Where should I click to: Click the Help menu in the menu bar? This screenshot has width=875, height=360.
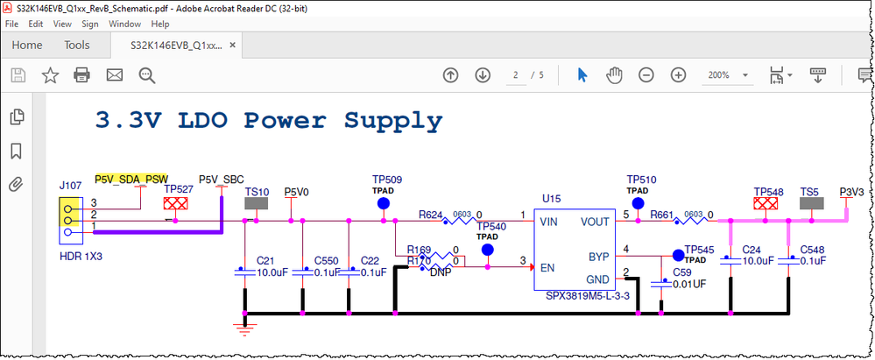pyautogui.click(x=159, y=24)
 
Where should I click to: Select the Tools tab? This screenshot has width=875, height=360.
pyautogui.click(x=77, y=45)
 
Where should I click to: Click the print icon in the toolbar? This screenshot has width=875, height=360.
pyautogui.click(x=82, y=75)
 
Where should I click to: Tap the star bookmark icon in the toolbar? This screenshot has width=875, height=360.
pyautogui.click(x=50, y=75)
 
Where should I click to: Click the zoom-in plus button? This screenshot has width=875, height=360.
pyautogui.click(x=677, y=75)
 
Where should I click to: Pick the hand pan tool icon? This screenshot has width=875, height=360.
pyautogui.click(x=615, y=75)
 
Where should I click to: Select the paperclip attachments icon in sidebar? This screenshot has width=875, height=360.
pyautogui.click(x=16, y=185)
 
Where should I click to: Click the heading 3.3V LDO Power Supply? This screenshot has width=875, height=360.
pyautogui.click(x=268, y=119)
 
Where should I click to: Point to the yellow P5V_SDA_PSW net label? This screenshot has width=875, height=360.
pyautogui.click(x=131, y=178)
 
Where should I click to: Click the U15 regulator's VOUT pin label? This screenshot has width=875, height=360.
pyautogui.click(x=596, y=222)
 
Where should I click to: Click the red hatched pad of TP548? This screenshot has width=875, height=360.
pyautogui.click(x=768, y=203)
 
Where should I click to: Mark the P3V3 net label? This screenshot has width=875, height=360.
pyautogui.click(x=851, y=191)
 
